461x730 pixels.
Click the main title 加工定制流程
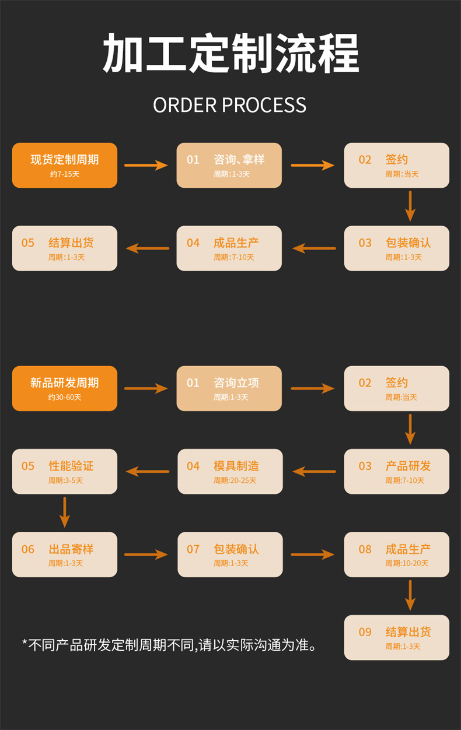(230, 54)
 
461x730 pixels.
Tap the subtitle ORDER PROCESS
(230, 106)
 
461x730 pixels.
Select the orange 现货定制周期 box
(65, 165)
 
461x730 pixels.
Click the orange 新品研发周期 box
(65, 388)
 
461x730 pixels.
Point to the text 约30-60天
(65, 398)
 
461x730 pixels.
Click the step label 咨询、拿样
(239, 160)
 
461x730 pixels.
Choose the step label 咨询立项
(236, 383)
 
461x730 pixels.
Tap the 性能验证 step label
(71, 466)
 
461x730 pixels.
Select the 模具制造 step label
(236, 466)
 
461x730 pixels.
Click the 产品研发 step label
(408, 466)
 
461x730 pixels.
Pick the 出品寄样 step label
(71, 549)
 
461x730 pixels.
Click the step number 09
(365, 632)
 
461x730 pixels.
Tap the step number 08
(365, 549)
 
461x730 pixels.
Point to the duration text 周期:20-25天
(235, 480)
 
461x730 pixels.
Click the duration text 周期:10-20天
(407, 564)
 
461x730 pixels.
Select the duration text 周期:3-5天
(66, 480)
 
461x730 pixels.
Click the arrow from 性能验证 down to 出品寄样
(65, 513)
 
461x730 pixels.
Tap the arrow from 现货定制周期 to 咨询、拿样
(146, 165)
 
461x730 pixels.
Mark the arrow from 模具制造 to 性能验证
(147, 471)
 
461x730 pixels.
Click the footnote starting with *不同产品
(170, 645)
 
